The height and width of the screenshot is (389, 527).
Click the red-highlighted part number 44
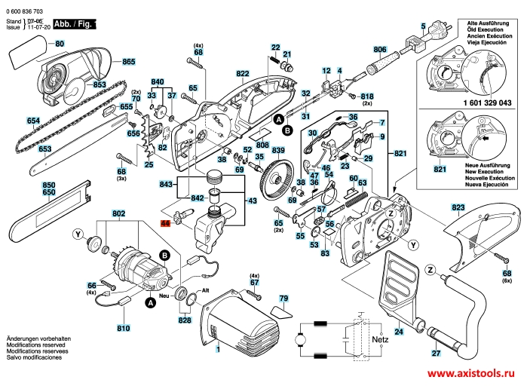click(x=166, y=224)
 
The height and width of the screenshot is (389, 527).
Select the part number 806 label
click(x=380, y=47)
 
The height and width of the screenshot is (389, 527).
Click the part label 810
click(x=123, y=329)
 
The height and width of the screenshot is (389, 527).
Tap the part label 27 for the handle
click(x=435, y=354)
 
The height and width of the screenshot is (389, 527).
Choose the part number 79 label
click(x=283, y=299)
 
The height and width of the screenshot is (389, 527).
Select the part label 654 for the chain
click(x=32, y=121)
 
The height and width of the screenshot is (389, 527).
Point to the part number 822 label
click(x=242, y=74)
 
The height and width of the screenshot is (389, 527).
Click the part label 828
click(x=185, y=320)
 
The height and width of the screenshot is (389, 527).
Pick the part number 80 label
click(x=60, y=44)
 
